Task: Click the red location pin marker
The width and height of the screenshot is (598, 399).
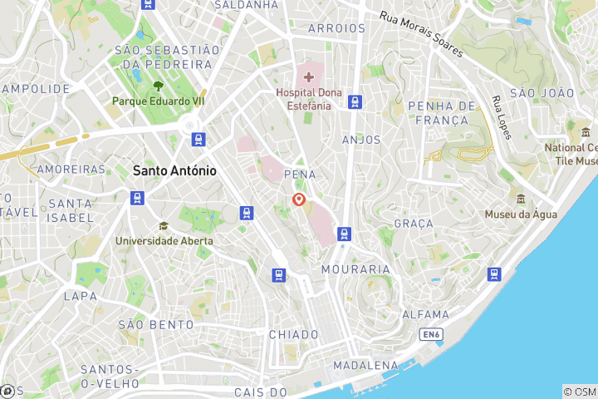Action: tap(299, 200)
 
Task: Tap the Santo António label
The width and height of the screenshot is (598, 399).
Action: tap(174, 170)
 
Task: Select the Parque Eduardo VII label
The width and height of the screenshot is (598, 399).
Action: tap(159, 101)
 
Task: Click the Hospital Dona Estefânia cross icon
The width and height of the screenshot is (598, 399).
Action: tap(308, 76)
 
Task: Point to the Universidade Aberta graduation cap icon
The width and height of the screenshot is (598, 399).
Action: tap(164, 226)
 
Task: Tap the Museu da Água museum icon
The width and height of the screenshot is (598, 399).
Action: tap(521, 199)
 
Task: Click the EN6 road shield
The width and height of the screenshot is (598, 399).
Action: tap(429, 335)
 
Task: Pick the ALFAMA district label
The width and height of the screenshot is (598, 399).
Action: tap(426, 315)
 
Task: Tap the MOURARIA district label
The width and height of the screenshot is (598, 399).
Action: tap(355, 269)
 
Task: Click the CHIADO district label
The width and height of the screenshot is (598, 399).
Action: tap(293, 334)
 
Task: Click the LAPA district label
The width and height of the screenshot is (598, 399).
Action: tap(81, 295)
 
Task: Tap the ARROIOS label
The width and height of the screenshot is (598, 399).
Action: tap(336, 28)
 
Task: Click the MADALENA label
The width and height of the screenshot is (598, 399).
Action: tap(365, 366)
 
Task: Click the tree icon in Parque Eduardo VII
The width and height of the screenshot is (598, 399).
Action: tap(158, 85)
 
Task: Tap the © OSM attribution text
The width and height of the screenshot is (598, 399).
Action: tap(580, 392)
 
